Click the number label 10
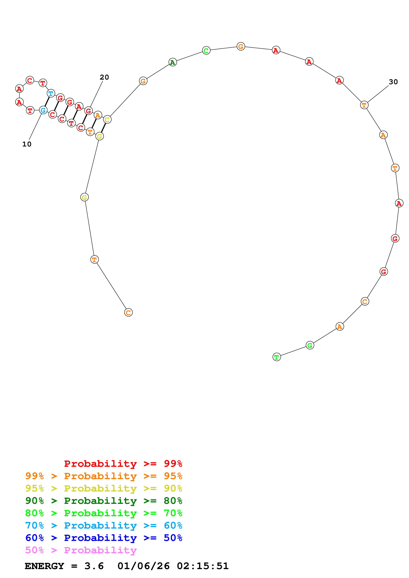pyautogui.click(x=27, y=144)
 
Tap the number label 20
pyautogui.click(x=104, y=77)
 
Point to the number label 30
pyautogui.click(x=393, y=82)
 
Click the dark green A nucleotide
pyautogui.click(x=173, y=62)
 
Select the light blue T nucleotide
pyautogui.click(x=51, y=93)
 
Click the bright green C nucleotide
pyautogui.click(x=206, y=51)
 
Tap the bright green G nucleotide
pyautogui.click(x=310, y=345)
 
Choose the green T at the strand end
pyautogui.click(x=277, y=357)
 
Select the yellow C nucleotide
pyautogui.click(x=107, y=120)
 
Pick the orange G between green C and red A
pyautogui.click(x=241, y=46)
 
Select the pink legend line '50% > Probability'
pyautogui.click(x=81, y=550)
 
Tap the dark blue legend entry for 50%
pyautogui.click(x=104, y=538)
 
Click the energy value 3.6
pyautogui.click(x=94, y=566)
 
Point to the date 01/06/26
pyautogui.click(x=143, y=566)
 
